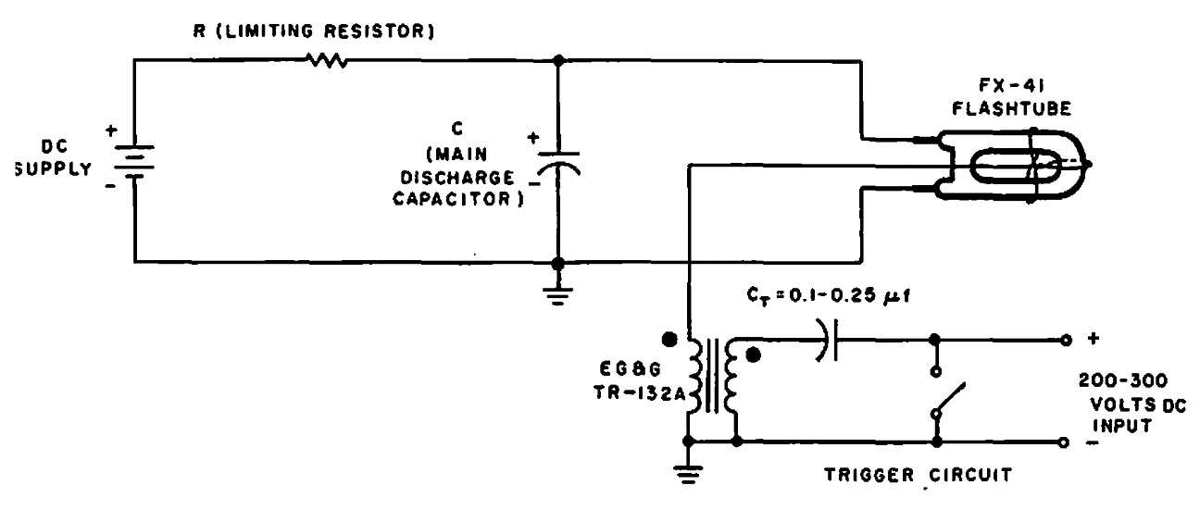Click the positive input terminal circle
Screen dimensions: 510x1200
tap(1066, 340)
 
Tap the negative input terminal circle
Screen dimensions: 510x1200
tap(1066, 442)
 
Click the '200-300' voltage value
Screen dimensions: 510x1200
tap(1122, 380)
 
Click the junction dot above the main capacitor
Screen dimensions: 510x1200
tap(558, 61)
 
